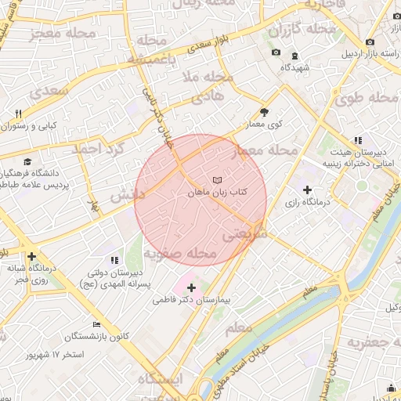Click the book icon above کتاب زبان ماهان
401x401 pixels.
click(217, 178)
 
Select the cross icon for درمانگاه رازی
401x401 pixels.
click(307, 190)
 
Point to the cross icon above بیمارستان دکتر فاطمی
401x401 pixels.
click(191, 287)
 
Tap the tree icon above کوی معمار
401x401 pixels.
click(264, 112)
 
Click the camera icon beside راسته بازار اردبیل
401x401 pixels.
click(369, 42)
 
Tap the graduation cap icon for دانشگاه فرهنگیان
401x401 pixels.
click(27, 161)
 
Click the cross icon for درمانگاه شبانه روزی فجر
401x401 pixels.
click(31, 256)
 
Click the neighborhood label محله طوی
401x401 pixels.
click(367, 99)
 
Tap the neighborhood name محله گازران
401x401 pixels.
click(302, 30)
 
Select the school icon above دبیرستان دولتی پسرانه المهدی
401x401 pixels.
click(114, 259)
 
